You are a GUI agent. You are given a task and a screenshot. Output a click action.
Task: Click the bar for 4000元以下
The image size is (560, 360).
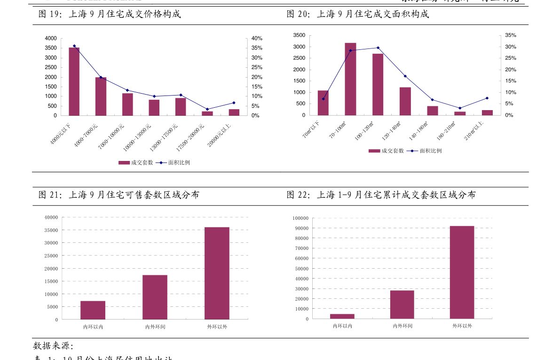[x=74, y=81]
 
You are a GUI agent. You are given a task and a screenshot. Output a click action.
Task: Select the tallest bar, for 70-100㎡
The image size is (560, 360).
[x=350, y=79]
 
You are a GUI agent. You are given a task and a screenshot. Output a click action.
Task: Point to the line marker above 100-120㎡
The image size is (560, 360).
[x=378, y=48]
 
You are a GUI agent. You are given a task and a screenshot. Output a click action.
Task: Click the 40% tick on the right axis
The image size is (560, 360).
[x=256, y=38]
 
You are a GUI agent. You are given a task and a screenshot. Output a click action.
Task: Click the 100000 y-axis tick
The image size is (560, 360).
[x=300, y=218]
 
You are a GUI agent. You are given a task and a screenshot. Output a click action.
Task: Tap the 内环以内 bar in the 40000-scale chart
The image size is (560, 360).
[x=93, y=310]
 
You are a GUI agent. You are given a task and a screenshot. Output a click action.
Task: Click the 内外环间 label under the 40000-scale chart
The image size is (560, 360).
[x=155, y=327]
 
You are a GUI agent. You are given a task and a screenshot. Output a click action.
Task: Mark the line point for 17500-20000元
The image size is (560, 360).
[x=207, y=109]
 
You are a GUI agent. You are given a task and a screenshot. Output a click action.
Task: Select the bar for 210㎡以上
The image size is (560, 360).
[x=487, y=112]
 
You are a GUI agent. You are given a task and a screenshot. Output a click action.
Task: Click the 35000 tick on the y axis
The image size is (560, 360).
[x=51, y=230]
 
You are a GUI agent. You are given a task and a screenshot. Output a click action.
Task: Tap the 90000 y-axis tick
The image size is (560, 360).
[x=301, y=228]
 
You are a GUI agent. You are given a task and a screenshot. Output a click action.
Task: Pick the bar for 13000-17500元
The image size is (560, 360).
[x=181, y=106]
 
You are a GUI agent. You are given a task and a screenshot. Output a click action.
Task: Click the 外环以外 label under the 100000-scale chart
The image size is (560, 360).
[x=462, y=326]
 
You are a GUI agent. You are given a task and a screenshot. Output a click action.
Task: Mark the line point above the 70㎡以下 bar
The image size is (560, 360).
[x=323, y=99]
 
